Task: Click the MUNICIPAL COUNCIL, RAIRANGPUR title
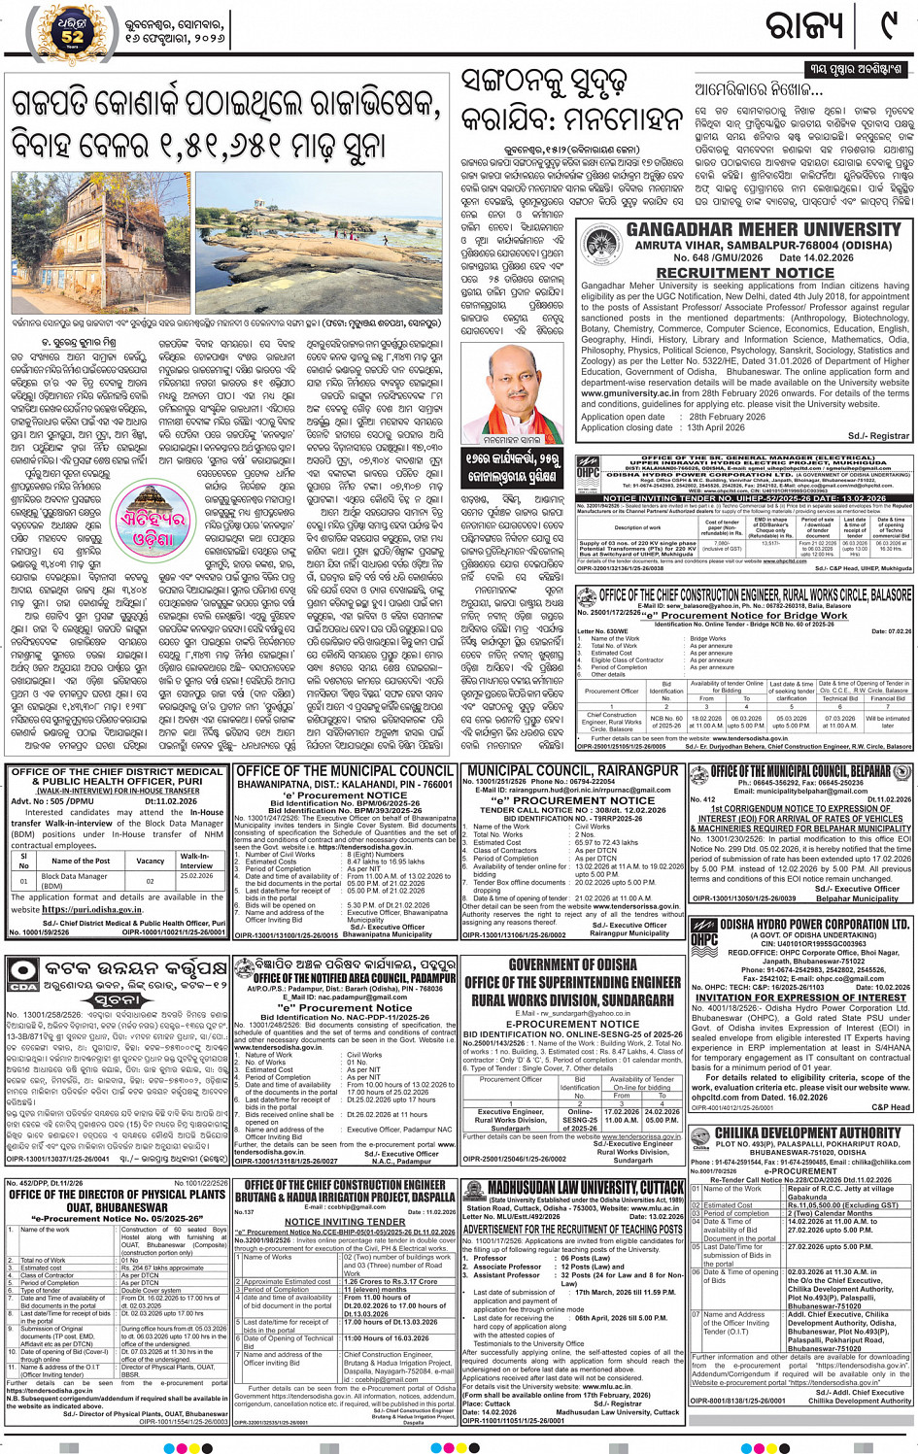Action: click(573, 770)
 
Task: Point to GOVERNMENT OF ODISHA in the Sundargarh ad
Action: click(572, 964)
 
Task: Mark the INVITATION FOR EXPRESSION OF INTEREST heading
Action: click(800, 998)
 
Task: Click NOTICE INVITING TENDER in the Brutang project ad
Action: click(345, 1222)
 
